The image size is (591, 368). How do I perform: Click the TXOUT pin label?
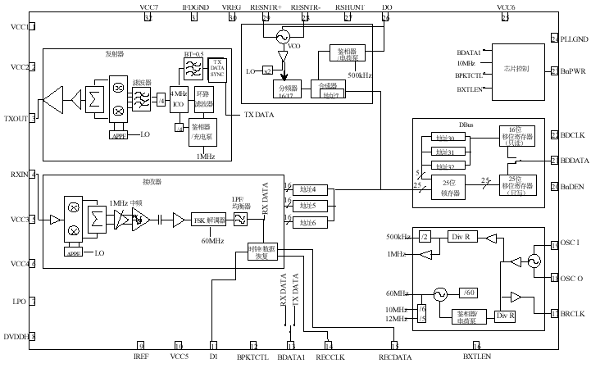coord(16,119)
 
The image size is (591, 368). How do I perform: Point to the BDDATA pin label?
coord(575,161)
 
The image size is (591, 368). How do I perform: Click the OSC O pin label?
coord(572,279)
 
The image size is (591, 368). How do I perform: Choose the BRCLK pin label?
coord(573,313)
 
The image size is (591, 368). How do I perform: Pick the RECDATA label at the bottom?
coord(396,357)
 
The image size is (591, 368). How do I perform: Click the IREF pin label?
coord(140,357)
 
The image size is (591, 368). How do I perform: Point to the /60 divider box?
coord(468,293)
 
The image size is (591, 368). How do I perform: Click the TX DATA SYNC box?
coord(217,68)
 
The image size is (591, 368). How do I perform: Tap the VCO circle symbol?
coord(284,37)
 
